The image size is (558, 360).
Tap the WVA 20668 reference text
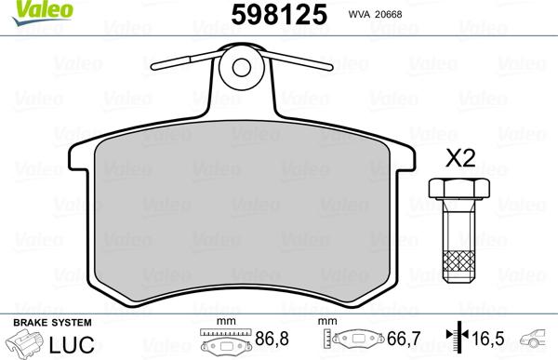tap(376, 16)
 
